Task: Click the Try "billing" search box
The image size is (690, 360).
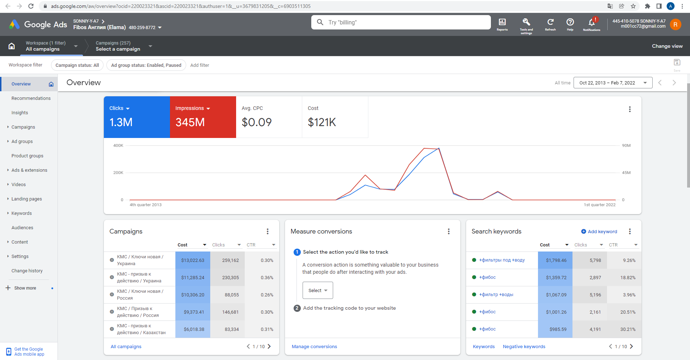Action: [401, 22]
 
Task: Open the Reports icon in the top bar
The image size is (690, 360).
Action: [502, 22]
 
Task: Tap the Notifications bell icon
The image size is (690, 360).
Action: [592, 23]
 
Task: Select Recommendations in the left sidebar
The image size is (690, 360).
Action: [31, 98]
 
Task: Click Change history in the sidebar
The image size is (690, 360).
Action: [27, 271]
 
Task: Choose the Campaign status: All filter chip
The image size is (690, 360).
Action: [77, 65]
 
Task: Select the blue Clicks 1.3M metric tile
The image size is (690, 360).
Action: [137, 117]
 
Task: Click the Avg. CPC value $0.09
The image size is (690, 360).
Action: [257, 122]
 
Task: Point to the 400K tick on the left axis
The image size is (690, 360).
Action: [118, 146]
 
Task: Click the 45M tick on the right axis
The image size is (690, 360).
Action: [626, 173]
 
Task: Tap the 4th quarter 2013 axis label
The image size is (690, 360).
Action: [146, 205]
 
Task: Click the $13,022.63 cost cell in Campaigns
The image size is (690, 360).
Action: [193, 260]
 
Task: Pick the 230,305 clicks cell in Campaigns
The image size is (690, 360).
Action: [230, 278]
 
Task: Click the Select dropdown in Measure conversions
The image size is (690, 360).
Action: [318, 290]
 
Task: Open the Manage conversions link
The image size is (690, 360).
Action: [314, 347]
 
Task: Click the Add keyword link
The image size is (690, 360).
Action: [599, 232]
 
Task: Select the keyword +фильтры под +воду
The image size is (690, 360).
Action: [502, 260]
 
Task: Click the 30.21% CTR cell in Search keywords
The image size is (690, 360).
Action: [628, 329]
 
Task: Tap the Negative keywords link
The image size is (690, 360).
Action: [524, 347]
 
